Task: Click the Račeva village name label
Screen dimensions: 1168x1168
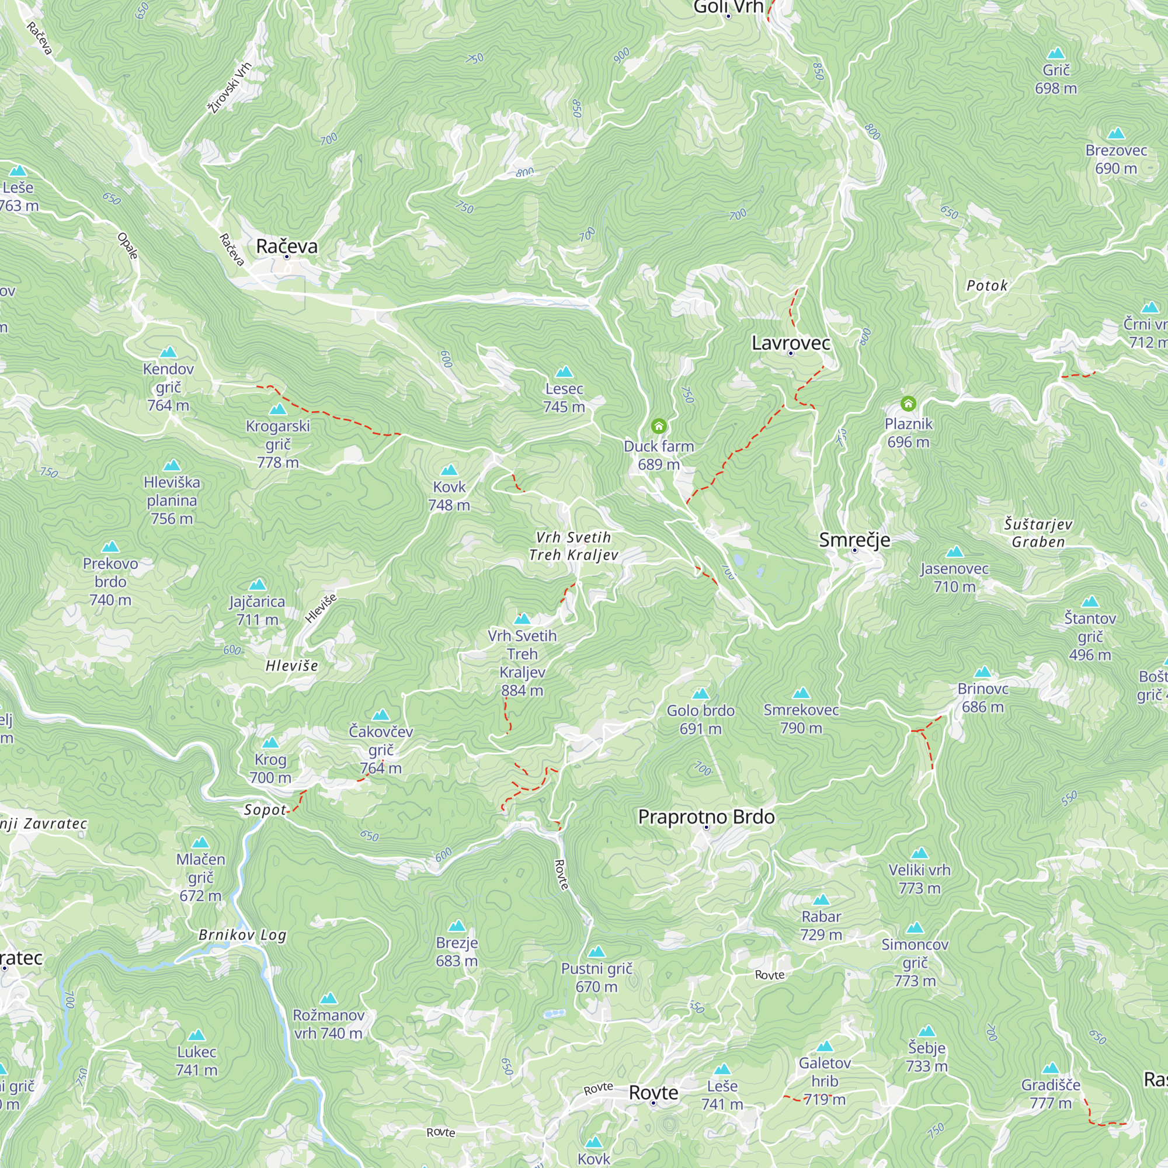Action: coord(287,246)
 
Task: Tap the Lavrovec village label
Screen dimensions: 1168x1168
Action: coord(791,343)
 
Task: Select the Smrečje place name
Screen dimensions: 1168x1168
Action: coord(854,540)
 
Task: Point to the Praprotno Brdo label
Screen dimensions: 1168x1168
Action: coord(706,818)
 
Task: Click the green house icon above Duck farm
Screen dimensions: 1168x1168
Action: coord(659,427)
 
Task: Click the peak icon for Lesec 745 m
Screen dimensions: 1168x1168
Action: coord(564,371)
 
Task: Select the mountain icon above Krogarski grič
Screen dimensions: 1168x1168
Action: coord(277,409)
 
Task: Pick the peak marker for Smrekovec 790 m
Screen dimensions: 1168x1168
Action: coord(801,693)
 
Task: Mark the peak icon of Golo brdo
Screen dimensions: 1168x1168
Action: coord(701,693)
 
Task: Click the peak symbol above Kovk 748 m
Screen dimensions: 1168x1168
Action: coord(449,470)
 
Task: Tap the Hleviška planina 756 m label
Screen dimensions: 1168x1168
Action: coord(172,500)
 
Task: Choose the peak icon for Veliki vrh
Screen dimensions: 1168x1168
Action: coord(920,853)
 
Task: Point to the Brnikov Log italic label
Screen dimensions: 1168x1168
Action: coord(242,935)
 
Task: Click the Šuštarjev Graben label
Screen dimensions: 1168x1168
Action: coord(1038,533)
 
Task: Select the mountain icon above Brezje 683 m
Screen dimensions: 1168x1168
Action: coord(457,926)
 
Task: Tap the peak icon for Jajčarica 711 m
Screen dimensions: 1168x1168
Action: coord(258,584)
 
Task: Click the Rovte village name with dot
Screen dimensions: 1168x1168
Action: coord(653,1093)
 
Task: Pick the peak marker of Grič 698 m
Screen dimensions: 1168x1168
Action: coord(1055,53)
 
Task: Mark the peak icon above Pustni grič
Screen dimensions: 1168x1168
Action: coord(597,951)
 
